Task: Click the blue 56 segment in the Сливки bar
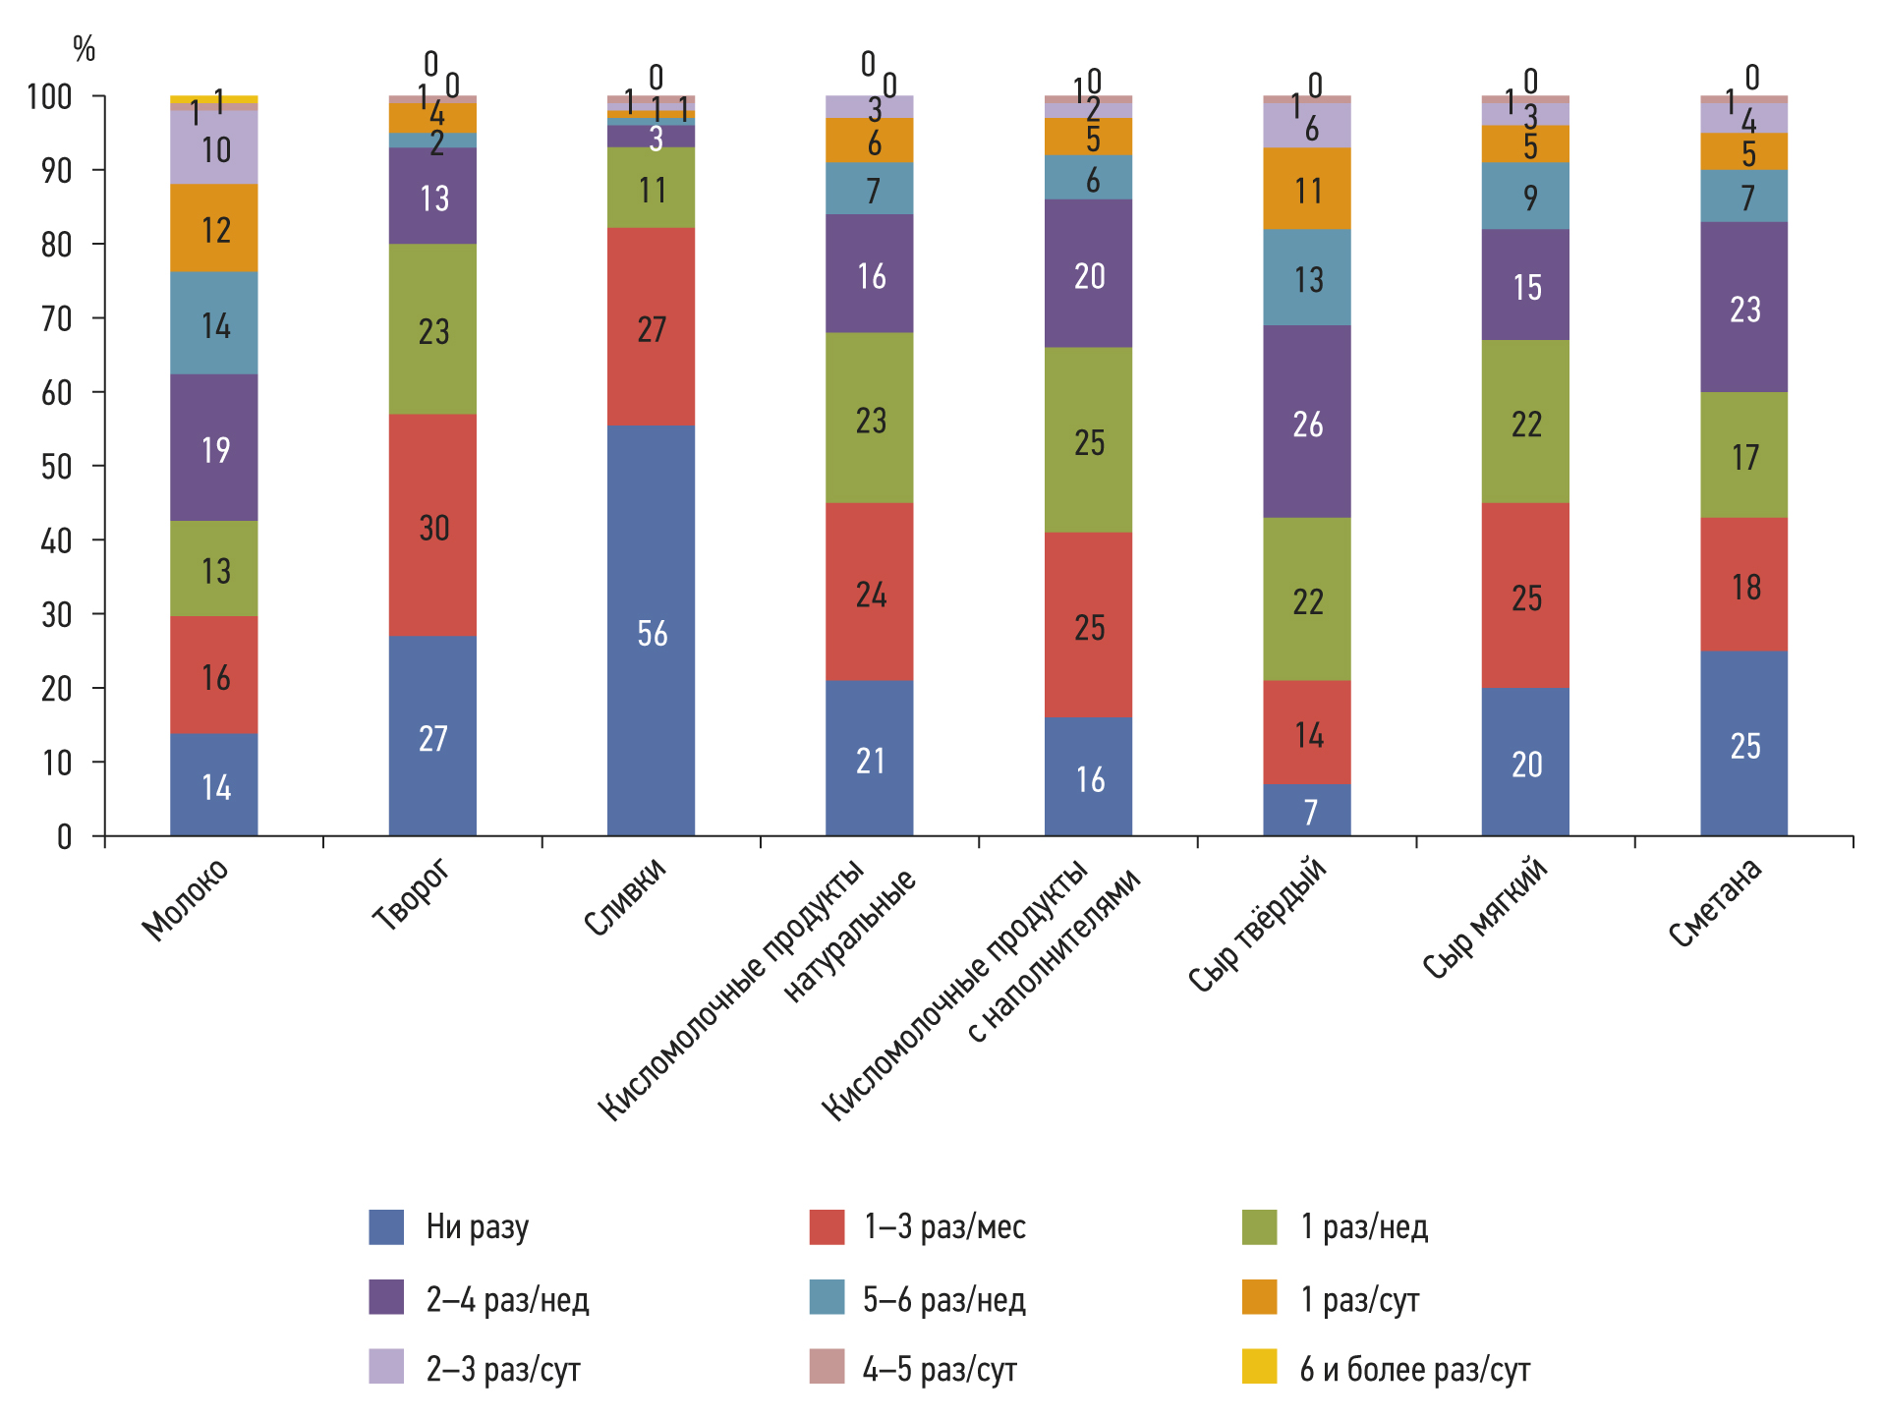pyautogui.click(x=651, y=630)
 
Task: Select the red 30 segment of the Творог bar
pyautogui.click(x=432, y=525)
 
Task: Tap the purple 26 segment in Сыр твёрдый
pyautogui.click(x=1307, y=422)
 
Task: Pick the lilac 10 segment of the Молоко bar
pyautogui.click(x=214, y=147)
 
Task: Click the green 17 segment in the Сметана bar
pyautogui.click(x=1743, y=455)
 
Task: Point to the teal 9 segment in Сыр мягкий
pyautogui.click(x=1525, y=197)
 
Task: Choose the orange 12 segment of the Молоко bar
pyautogui.click(x=214, y=228)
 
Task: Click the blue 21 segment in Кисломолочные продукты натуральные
pyautogui.click(x=869, y=758)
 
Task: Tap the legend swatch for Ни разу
pyautogui.click(x=386, y=1227)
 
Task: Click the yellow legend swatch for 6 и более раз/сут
pyautogui.click(x=1259, y=1367)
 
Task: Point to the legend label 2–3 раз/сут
pyautogui.click(x=503, y=1369)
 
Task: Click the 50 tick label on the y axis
pyautogui.click(x=57, y=466)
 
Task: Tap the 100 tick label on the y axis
pyautogui.click(x=49, y=96)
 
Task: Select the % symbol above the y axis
pyautogui.click(x=85, y=48)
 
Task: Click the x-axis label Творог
pyautogui.click(x=412, y=894)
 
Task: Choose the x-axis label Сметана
pyautogui.click(x=1716, y=902)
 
